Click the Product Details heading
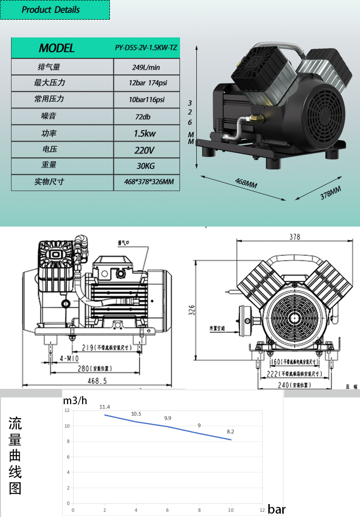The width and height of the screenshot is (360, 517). tap(51, 10)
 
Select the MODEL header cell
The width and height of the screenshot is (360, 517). tap(57, 48)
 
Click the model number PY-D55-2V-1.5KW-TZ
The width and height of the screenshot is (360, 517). tap(146, 48)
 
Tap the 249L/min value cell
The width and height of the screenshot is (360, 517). tap(146, 67)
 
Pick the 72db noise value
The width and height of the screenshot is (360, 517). tap(146, 117)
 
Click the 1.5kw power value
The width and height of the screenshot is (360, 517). tap(146, 133)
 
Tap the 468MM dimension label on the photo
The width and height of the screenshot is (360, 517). tap(246, 183)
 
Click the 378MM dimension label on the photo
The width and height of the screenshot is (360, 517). tap(330, 192)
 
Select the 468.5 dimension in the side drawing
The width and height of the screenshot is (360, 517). tap(97, 381)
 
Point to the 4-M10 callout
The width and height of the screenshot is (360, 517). tap(70, 359)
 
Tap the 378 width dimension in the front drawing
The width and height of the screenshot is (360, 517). tap(294, 237)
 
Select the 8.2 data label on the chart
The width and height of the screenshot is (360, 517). tap(230, 432)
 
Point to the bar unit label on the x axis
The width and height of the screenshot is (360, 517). tap(276, 509)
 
